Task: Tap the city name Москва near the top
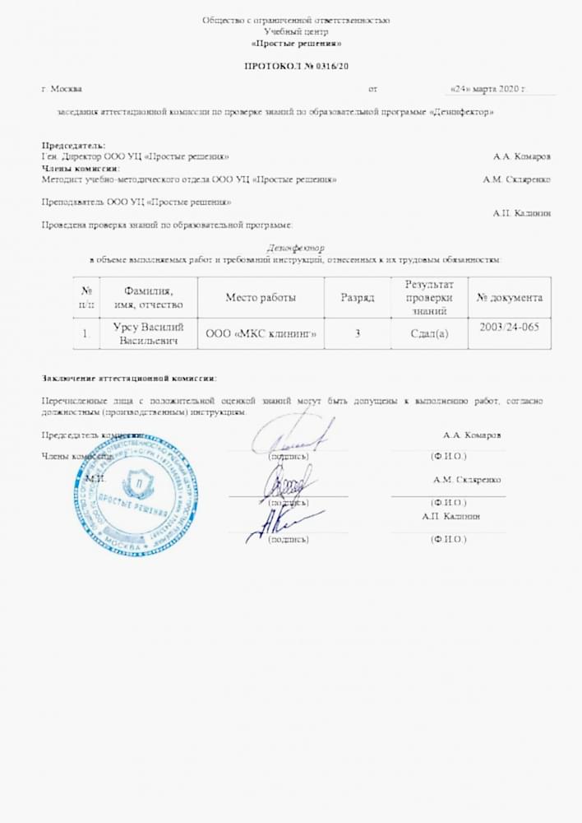[x=65, y=88]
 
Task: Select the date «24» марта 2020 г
[x=487, y=88]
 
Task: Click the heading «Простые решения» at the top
[x=296, y=43]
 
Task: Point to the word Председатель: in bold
[x=73, y=146]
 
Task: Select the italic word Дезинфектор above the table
[x=296, y=247]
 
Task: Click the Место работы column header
[x=261, y=298]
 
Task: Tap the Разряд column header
[x=358, y=298]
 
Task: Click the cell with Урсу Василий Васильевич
[x=149, y=333]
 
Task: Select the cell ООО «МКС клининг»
[x=261, y=333]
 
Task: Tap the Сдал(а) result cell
[x=428, y=333]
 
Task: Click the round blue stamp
[x=136, y=492]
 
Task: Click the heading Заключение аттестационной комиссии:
[x=129, y=379]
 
